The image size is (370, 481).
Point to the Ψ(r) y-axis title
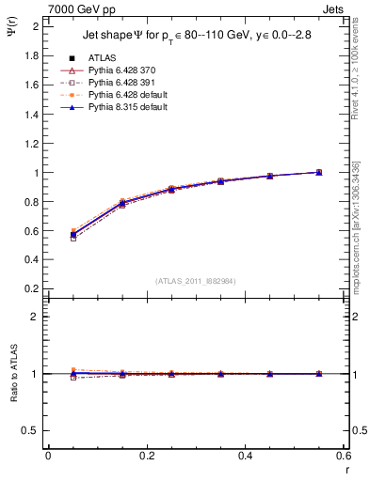14,30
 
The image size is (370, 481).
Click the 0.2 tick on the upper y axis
34,290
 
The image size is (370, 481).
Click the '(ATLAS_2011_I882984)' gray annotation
195,280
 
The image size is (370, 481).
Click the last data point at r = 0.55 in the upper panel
319,172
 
